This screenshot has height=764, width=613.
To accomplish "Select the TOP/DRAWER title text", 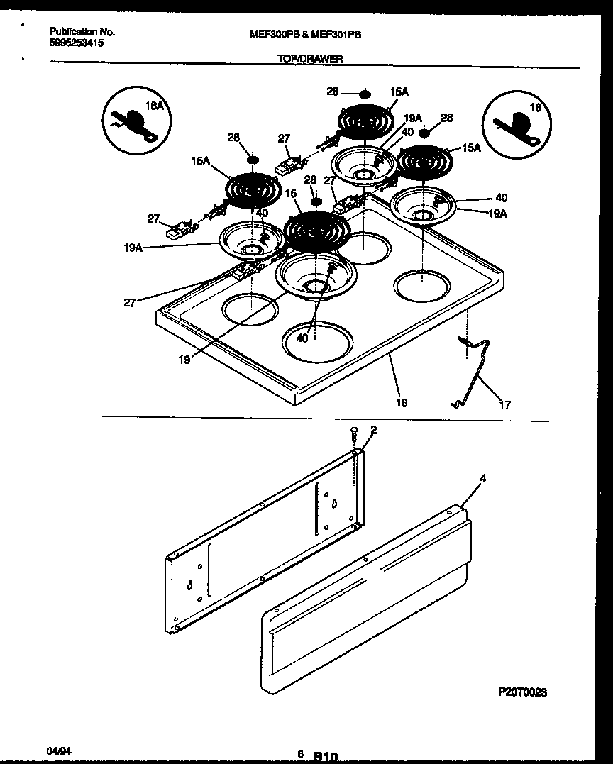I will tap(310, 60).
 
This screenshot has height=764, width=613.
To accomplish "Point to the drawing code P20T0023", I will tap(522, 691).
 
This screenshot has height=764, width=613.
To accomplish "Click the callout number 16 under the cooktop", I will tap(402, 402).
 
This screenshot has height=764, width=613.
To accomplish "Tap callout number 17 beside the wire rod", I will tap(504, 405).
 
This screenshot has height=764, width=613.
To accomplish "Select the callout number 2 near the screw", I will tap(373, 430).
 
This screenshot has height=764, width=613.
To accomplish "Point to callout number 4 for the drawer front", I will tap(482, 479).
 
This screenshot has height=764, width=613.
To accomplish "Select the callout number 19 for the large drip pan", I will tap(184, 359).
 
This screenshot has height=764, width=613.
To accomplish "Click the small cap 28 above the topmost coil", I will tap(365, 93).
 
